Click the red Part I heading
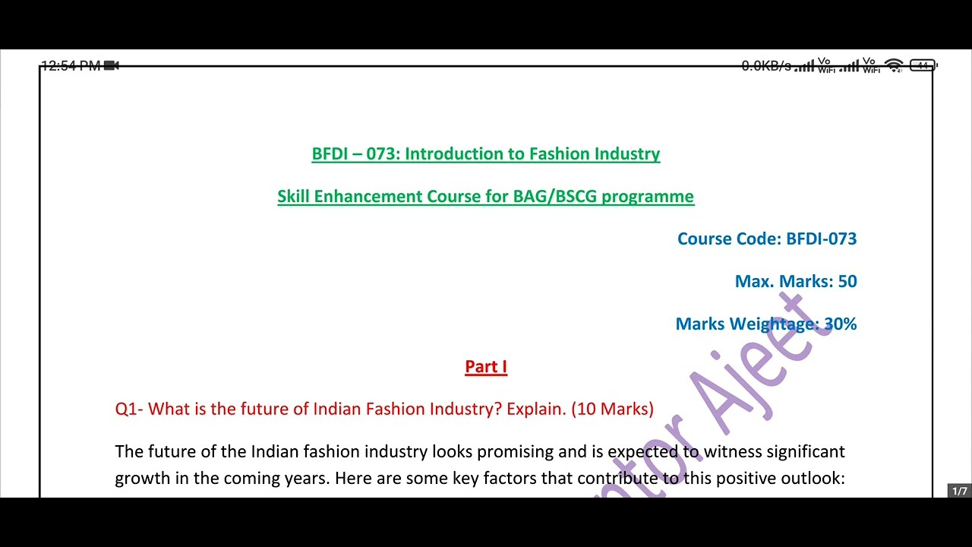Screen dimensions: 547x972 point(486,367)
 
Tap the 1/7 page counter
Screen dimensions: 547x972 point(960,492)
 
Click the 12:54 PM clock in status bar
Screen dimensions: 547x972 point(71,66)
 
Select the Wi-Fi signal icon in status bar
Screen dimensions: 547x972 point(895,66)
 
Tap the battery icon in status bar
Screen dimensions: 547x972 point(923,66)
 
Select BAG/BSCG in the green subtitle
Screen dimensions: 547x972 point(555,197)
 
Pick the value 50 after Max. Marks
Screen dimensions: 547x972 point(847,282)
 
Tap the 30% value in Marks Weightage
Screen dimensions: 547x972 point(841,324)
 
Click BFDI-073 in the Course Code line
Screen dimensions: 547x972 point(822,239)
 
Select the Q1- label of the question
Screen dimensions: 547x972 point(129,409)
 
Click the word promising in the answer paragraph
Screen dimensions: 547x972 point(516,452)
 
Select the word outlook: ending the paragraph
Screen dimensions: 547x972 point(816,479)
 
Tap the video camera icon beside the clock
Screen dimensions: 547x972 point(112,66)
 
